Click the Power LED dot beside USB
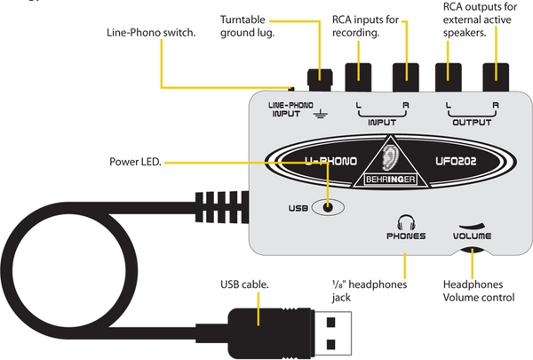pos(330,207)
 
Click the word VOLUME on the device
pos(471,237)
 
